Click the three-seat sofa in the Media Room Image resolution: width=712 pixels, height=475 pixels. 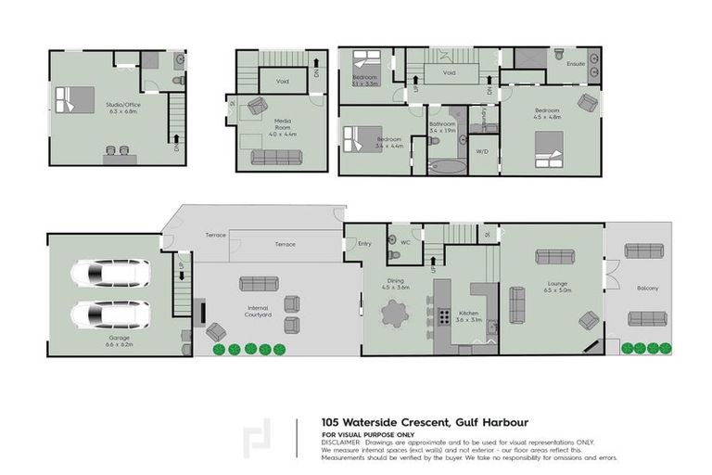276,157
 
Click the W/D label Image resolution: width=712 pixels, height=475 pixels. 482,151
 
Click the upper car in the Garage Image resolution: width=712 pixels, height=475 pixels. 110,273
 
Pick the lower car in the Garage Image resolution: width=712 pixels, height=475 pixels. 110,315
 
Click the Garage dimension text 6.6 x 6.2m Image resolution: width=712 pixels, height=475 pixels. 121,344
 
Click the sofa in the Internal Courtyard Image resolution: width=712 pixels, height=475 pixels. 259,284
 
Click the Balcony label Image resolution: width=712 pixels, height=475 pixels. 647,289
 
